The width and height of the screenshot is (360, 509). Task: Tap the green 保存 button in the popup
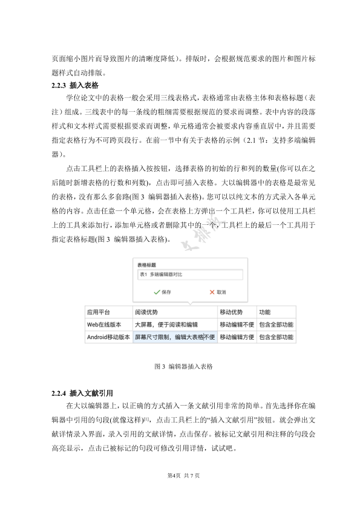(x=162, y=292)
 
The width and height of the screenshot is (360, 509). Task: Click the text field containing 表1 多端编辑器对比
(x=188, y=274)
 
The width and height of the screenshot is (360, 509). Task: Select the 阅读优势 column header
(x=146, y=313)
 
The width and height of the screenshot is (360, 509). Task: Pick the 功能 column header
(x=264, y=313)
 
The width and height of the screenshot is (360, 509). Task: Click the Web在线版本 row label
(x=105, y=325)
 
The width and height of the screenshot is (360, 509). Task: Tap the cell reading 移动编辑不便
(x=237, y=325)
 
